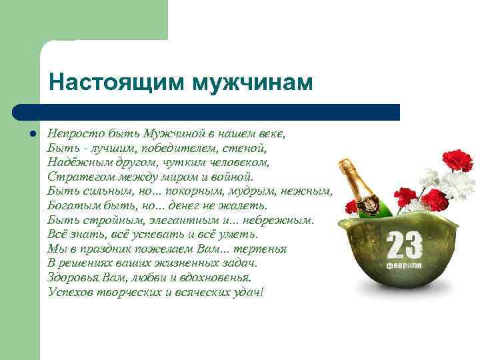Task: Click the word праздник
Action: pos(102,248)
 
